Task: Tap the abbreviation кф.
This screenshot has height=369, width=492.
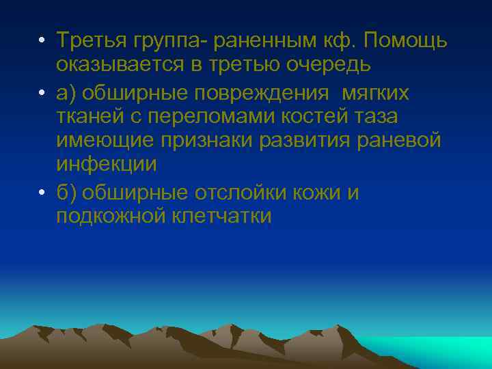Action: [x=339, y=41]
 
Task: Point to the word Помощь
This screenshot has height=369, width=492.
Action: [x=405, y=41]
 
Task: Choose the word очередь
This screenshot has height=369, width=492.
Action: [x=330, y=66]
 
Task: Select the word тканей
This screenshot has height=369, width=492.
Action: [x=87, y=117]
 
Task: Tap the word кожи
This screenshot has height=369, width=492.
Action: [x=323, y=193]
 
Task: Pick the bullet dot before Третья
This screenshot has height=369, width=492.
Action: [x=42, y=42]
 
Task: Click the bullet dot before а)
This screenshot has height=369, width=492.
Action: [x=42, y=92]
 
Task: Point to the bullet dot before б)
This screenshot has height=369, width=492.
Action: [x=42, y=193]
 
